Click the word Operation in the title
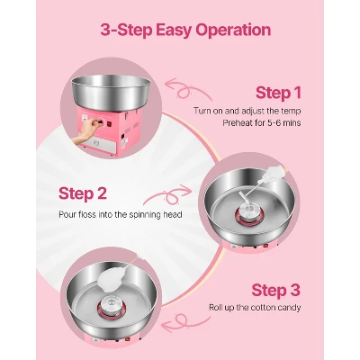pos(233,30)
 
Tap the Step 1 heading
pos(278,93)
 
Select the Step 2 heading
pos(83,193)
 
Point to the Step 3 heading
pos(276,290)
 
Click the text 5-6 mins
pos(283,123)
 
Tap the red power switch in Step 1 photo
pos(109,123)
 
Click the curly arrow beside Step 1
pos(187,89)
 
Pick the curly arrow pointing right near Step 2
pos(169,195)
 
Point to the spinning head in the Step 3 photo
pos(112,306)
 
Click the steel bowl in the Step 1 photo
pos(111,93)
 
